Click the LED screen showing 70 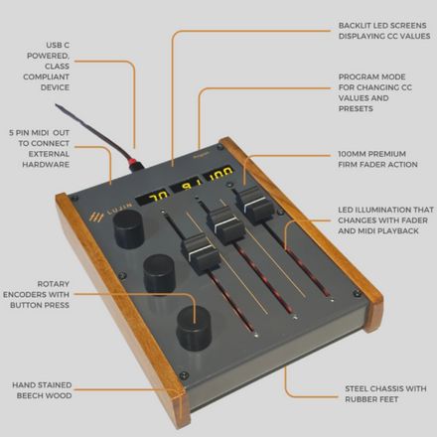click(152, 198)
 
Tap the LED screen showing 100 click(218, 173)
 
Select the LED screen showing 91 click(186, 185)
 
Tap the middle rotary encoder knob click(159, 274)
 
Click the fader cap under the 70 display click(200, 253)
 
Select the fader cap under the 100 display click(254, 205)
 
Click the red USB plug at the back click(137, 164)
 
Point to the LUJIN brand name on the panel click(119, 210)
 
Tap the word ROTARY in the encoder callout click(53, 284)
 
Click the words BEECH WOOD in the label click(44, 395)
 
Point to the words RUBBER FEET click(371, 399)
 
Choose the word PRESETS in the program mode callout click(356, 109)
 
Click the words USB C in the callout click(58, 46)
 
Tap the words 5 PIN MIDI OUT click(39, 133)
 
